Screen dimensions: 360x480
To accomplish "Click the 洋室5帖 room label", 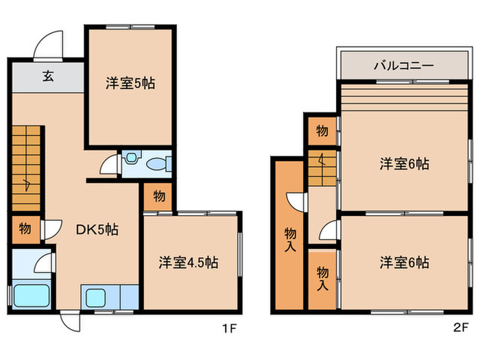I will pyautogui.click(x=130, y=84).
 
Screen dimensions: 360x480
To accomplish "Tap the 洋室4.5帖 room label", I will pyautogui.click(x=189, y=263).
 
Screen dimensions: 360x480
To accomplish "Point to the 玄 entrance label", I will pyautogui.click(x=48, y=77).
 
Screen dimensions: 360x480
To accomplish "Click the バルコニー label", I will pyautogui.click(x=403, y=67).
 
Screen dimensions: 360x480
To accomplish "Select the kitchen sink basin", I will pyautogui.click(x=95, y=298).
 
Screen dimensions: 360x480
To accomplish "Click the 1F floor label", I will pyautogui.click(x=229, y=328).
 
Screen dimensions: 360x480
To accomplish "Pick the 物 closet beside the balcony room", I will pyautogui.click(x=322, y=130).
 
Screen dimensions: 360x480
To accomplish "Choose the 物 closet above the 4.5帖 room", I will pyautogui.click(x=158, y=196).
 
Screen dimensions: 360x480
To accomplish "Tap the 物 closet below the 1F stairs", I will pyautogui.click(x=24, y=228).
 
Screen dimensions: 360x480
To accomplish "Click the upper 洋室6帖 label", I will pyautogui.click(x=405, y=165).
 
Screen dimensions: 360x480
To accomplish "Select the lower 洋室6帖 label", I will pyautogui.click(x=405, y=263).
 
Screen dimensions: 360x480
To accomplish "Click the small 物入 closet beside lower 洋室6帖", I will pyautogui.click(x=322, y=278).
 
